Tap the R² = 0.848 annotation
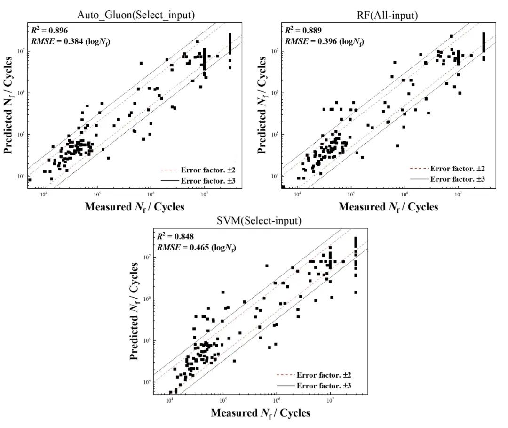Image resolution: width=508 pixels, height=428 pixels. pyautogui.click(x=176, y=236)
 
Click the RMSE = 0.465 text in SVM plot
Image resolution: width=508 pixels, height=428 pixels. pyautogui.click(x=196, y=247)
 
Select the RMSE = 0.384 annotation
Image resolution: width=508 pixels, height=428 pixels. pyautogui.click(x=71, y=41)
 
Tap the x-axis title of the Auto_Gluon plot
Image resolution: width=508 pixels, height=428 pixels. pyautogui.click(x=135, y=206)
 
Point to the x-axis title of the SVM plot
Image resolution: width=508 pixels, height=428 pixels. pyautogui.click(x=260, y=413)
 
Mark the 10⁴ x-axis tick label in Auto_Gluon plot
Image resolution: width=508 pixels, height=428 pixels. pyautogui.click(x=44, y=193)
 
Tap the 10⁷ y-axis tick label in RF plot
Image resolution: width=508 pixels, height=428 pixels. pyautogui.click(x=275, y=51)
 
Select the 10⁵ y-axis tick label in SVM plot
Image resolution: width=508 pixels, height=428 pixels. pyautogui.click(x=147, y=340)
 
